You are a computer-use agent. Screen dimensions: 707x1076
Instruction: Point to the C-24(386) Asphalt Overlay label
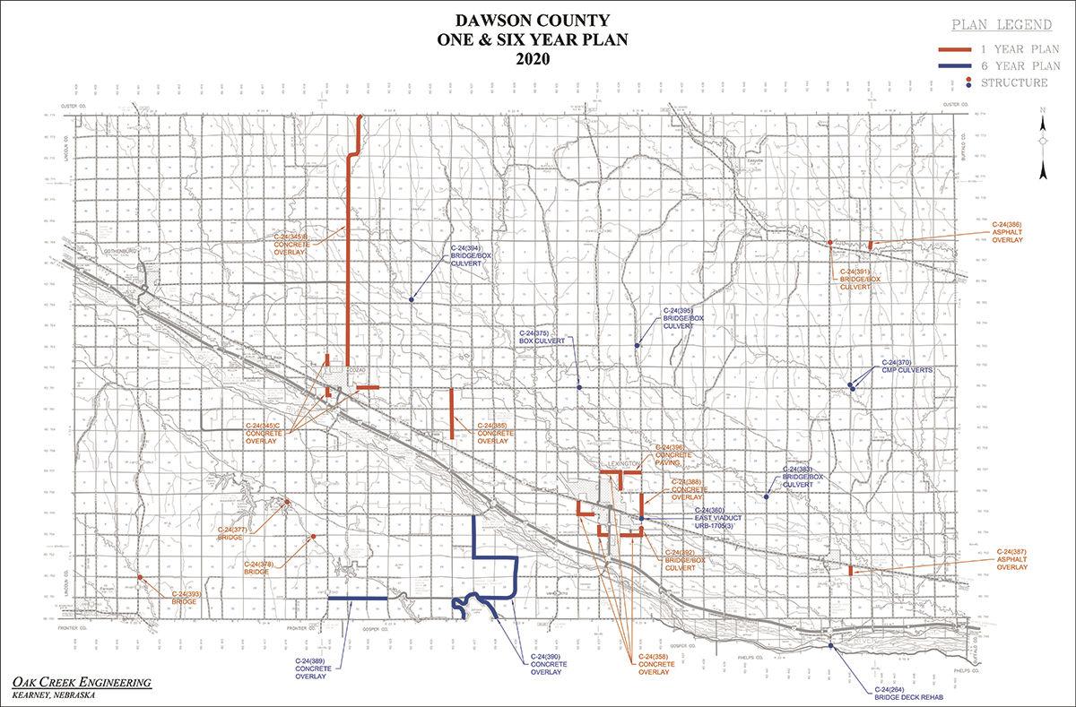pos(1007,230)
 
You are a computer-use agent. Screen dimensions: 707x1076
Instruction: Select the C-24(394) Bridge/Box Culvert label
pos(472,257)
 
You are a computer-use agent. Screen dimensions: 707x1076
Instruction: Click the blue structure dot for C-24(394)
pos(412,299)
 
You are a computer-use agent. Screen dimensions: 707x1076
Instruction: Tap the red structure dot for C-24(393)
pos(141,577)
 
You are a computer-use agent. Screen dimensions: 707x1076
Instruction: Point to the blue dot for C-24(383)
pos(766,496)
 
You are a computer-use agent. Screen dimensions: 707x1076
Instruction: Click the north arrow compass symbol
pos(1043,143)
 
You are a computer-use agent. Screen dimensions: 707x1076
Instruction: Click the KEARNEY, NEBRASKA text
pos(52,695)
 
